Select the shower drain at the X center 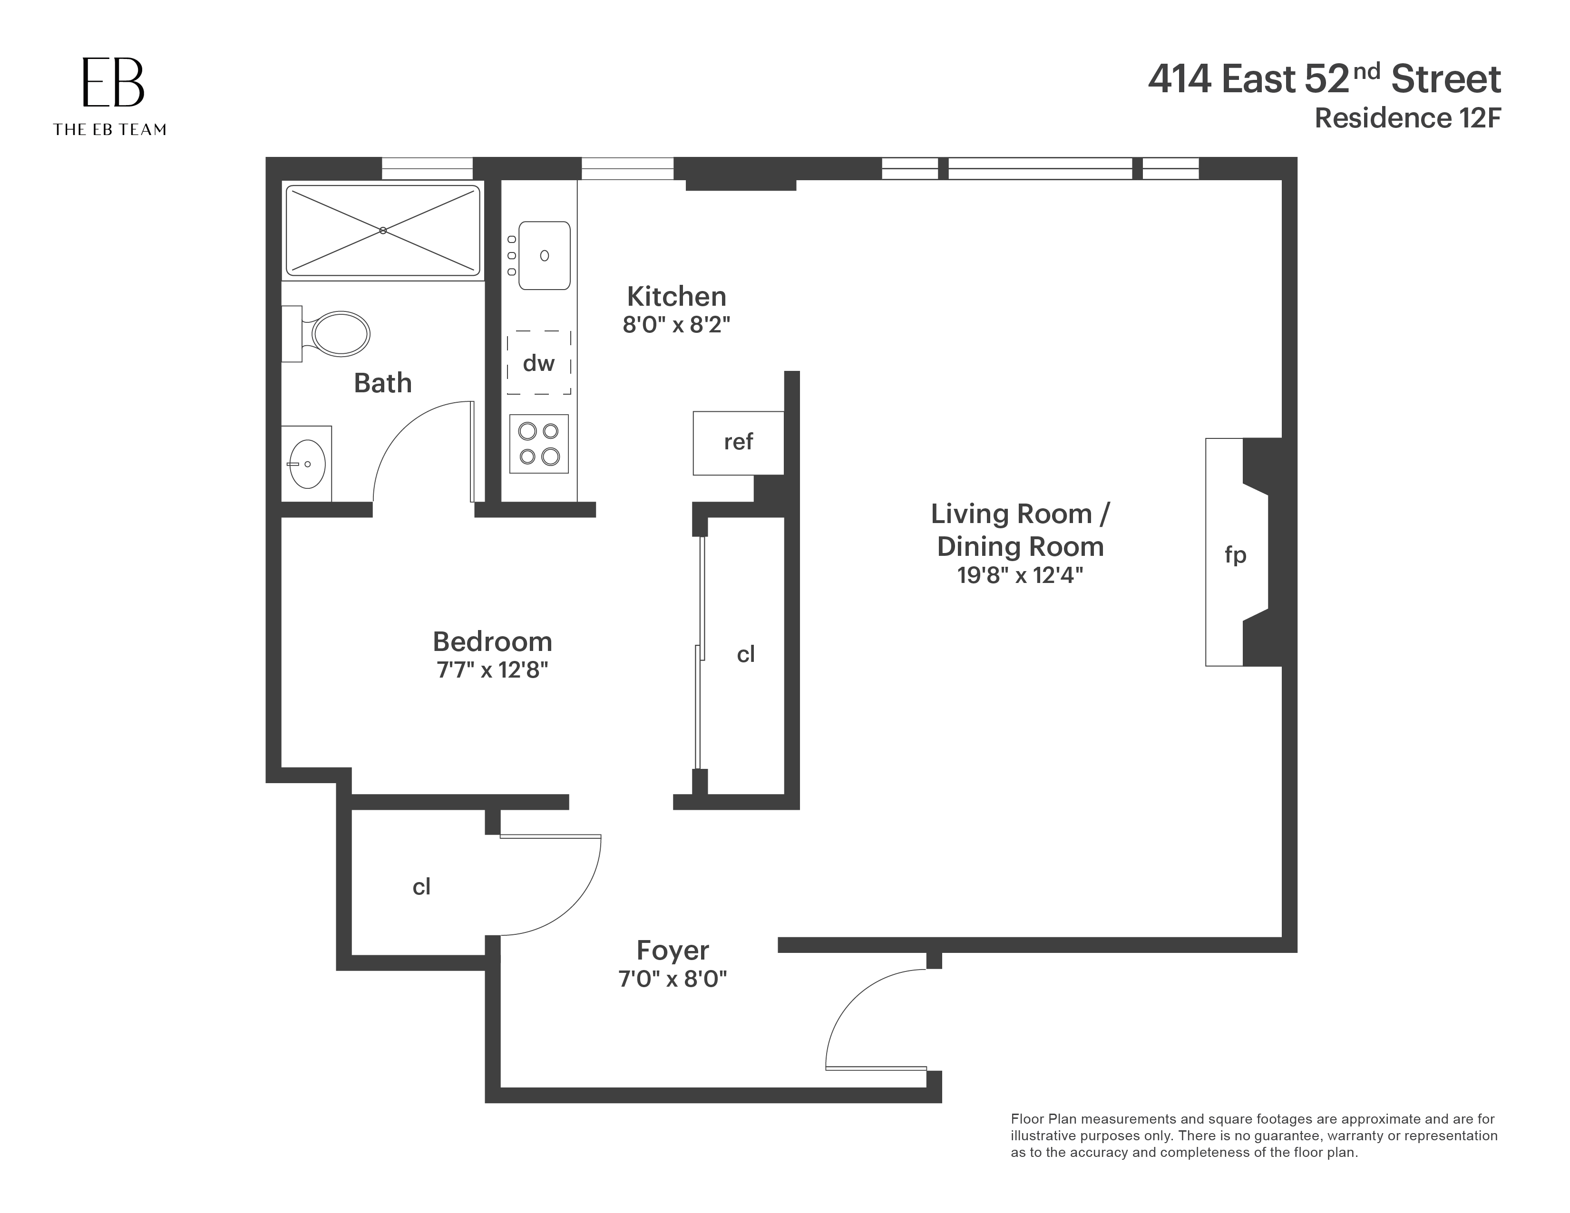[x=383, y=231]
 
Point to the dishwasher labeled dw [x=538, y=363]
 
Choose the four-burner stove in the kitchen [x=538, y=443]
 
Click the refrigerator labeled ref [x=738, y=442]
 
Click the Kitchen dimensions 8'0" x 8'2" [x=676, y=325]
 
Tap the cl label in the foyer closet [x=421, y=887]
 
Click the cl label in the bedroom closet [x=745, y=654]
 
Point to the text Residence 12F [x=1407, y=118]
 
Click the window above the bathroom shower [x=427, y=169]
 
